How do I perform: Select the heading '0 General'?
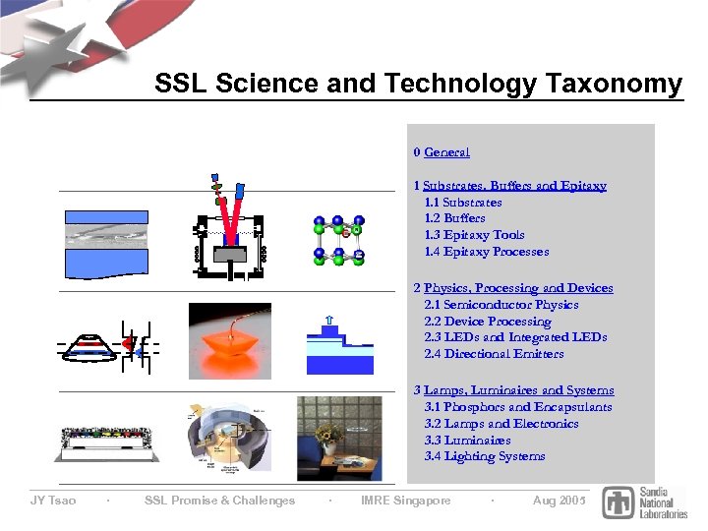pos(442,152)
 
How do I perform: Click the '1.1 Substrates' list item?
pos(462,203)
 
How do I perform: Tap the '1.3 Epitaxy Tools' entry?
pos(474,235)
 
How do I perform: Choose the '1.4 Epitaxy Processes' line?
pos(486,252)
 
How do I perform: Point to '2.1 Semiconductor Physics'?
pos(501,305)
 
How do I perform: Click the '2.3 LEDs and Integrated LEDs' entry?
pos(515,337)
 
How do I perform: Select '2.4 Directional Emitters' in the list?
pos(494,354)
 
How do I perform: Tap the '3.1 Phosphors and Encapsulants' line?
pos(517,407)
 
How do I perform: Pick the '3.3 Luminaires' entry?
pos(467,441)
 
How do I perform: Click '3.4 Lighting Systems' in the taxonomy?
pos(484,456)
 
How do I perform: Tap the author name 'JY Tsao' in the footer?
pos(53,501)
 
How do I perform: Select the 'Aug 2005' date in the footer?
pos(559,501)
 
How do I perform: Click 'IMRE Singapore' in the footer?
pos(406,501)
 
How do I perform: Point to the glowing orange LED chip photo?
pos(230,339)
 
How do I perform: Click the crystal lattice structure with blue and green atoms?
pos(339,240)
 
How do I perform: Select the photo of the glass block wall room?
pos(338,439)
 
